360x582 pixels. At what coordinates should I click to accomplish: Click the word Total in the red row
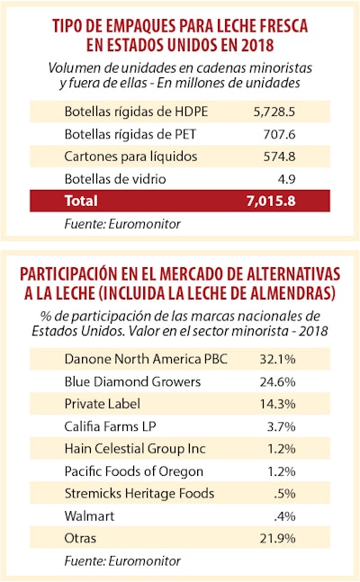(81, 201)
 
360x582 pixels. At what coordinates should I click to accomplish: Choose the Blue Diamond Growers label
(131, 380)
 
